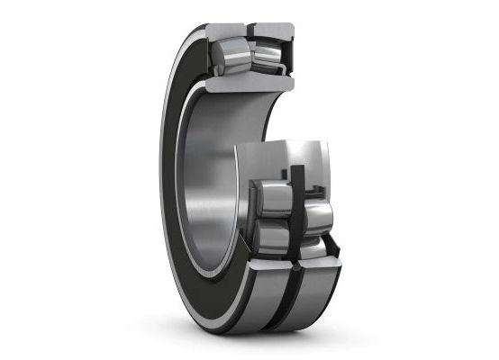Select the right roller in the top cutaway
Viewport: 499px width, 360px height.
pyautogui.click(x=268, y=57)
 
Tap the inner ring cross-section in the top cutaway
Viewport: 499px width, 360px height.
pyautogui.click(x=248, y=84)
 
